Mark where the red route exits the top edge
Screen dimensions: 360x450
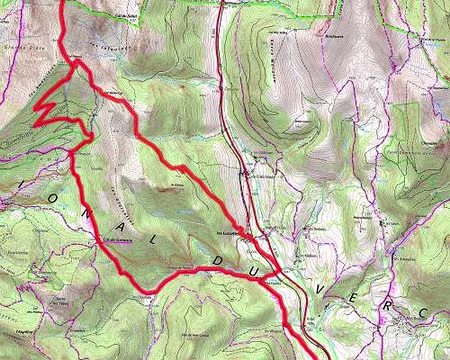tap(64, 3)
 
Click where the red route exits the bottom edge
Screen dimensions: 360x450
tap(318, 356)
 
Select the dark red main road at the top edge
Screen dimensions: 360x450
tap(218, 4)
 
